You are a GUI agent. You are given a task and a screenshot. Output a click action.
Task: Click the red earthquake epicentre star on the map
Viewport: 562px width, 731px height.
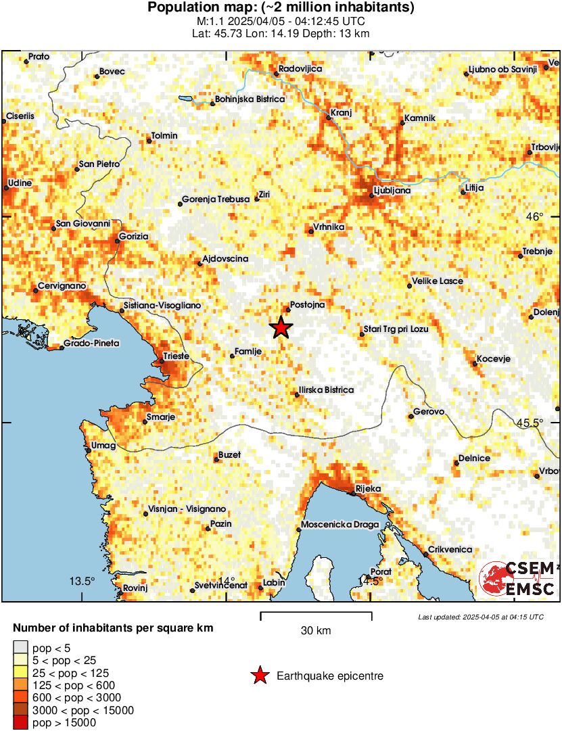click(281, 328)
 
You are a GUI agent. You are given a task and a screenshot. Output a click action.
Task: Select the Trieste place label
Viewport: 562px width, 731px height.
click(177, 356)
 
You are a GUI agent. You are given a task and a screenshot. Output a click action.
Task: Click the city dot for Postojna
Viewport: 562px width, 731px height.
click(288, 310)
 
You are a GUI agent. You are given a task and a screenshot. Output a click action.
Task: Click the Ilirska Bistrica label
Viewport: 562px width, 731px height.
click(326, 390)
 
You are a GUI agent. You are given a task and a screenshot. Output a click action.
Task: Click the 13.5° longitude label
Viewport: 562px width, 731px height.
click(83, 582)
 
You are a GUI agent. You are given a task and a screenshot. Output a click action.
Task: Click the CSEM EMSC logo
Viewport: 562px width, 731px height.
click(518, 578)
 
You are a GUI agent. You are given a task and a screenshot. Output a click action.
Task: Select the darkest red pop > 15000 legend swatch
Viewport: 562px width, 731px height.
click(21, 723)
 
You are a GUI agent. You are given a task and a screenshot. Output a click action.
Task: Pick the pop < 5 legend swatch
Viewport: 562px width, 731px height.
click(21, 649)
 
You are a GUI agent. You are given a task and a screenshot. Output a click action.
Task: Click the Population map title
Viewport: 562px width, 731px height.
click(281, 8)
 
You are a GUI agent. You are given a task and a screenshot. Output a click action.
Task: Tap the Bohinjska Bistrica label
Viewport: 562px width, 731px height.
click(250, 99)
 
